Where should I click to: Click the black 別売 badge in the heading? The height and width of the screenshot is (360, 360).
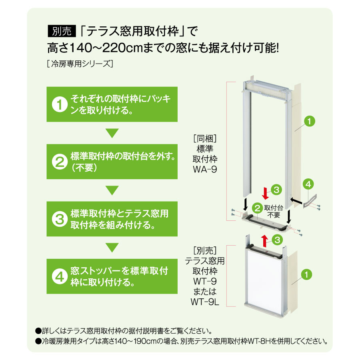tap(62, 31)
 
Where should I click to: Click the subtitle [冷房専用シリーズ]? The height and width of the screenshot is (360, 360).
tap(80, 64)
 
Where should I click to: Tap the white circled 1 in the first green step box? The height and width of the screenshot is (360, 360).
tap(60, 104)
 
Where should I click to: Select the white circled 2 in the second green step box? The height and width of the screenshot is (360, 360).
tap(60, 162)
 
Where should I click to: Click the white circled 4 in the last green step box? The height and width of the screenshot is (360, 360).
tap(60, 276)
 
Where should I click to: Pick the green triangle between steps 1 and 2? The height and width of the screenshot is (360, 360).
tap(112, 133)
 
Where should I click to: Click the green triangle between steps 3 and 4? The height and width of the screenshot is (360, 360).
tap(112, 248)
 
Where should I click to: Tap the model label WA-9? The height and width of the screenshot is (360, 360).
tap(205, 170)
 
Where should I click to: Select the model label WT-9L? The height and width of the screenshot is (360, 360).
tap(205, 302)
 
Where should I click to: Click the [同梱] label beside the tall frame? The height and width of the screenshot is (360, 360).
tap(205, 138)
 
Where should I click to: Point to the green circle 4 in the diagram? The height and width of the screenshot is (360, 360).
tap(308, 184)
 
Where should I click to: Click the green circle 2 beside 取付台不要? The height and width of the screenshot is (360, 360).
tap(257, 208)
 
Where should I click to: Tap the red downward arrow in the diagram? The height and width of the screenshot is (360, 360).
tap(266, 193)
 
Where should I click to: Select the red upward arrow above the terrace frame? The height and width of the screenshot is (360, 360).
tap(265, 241)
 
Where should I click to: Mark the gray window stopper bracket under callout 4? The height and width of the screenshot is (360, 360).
tap(310, 201)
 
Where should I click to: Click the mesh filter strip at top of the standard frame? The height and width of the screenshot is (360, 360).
tap(266, 90)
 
